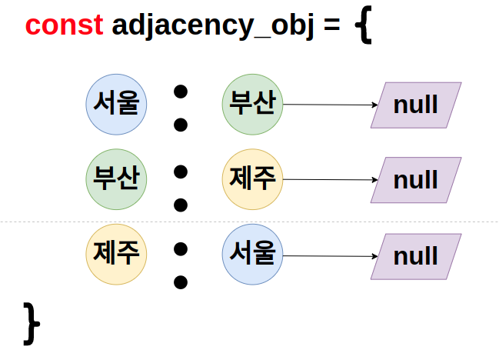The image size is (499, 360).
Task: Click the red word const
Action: [x=64, y=25]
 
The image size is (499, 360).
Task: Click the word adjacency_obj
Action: [x=214, y=25]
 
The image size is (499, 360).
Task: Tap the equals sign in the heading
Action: [x=331, y=25]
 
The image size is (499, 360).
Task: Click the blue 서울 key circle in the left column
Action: [x=116, y=104]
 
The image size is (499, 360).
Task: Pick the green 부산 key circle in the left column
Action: [x=116, y=179]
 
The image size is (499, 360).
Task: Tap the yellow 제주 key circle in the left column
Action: [x=116, y=255]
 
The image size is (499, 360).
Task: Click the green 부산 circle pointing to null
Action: [x=253, y=104]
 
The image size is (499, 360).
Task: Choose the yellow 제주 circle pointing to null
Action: [x=253, y=179]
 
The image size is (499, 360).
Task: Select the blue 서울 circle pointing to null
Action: [x=253, y=255]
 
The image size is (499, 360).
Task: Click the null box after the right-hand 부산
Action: [x=416, y=105]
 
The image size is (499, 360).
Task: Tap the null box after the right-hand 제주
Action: [x=416, y=180]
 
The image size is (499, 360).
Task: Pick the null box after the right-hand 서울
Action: [x=416, y=256]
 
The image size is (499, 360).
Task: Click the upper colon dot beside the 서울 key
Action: [x=181, y=92]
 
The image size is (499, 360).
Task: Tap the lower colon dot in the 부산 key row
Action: [x=181, y=205]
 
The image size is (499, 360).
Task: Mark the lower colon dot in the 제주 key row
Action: [x=181, y=282]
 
